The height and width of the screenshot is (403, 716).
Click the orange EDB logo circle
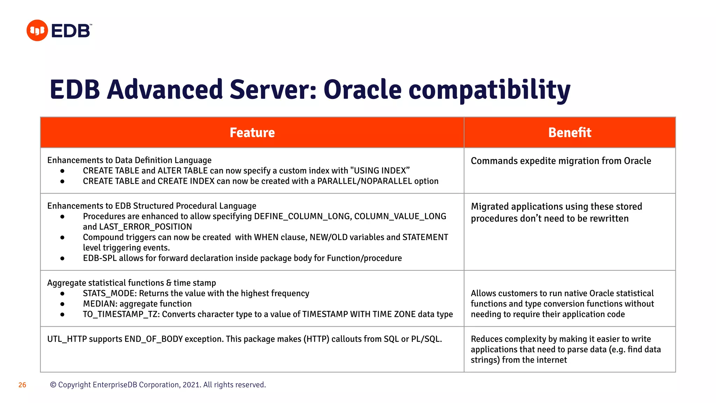[x=37, y=30]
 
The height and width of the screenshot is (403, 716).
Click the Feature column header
[x=252, y=133]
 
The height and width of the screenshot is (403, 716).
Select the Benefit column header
[x=570, y=133]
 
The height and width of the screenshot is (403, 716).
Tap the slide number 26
[x=22, y=385]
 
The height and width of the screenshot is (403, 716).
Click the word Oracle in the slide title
[x=362, y=90]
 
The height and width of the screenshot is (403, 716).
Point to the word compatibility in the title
[x=489, y=90]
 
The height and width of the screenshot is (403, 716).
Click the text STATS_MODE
[x=109, y=293]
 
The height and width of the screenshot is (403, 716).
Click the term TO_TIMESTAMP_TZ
[x=121, y=314]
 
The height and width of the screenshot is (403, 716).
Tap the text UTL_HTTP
[x=67, y=339]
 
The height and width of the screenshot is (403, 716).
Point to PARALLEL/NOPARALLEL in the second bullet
[x=364, y=181]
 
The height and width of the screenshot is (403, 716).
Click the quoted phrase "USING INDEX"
[x=380, y=171]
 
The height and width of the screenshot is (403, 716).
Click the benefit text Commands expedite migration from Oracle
[x=561, y=161]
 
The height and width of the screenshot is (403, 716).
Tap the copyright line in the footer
[x=158, y=385]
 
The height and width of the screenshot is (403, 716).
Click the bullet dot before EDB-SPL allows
[x=62, y=259]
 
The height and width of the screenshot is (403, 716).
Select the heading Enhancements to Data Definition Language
[x=129, y=160]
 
